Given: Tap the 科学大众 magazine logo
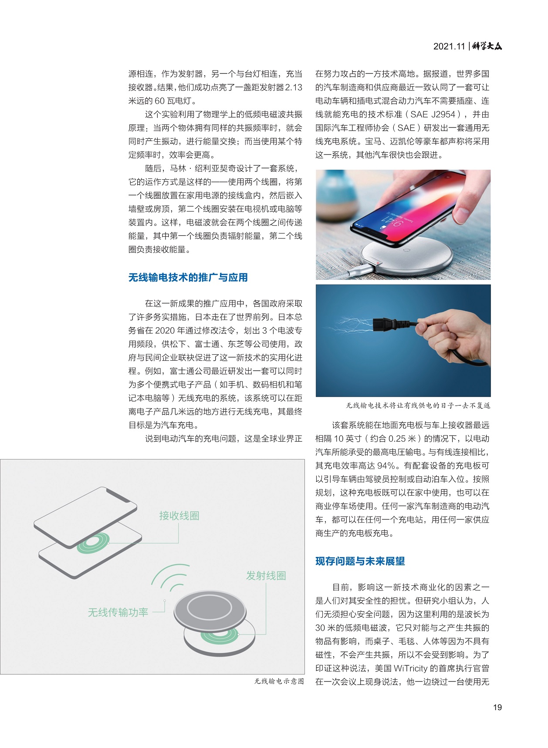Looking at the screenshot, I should [x=487, y=46].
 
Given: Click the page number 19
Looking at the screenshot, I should [x=497, y=707].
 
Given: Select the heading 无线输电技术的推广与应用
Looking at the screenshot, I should [x=188, y=278].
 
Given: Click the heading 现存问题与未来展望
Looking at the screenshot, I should [x=360, y=561].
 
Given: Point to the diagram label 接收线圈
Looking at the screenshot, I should [x=179, y=516].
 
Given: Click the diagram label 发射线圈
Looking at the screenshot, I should [x=266, y=576].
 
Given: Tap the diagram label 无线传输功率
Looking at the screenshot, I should [x=118, y=613].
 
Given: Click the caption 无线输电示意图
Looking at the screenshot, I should [x=279, y=681].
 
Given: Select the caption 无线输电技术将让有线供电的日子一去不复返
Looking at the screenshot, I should [x=418, y=406].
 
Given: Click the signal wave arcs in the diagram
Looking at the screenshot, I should [x=170, y=579].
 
